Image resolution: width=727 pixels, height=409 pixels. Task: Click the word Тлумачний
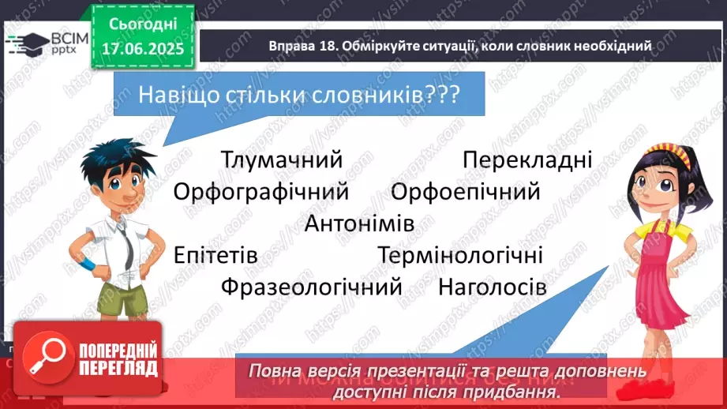pyautogui.click(x=281, y=160)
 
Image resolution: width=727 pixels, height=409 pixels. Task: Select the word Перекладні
pyautogui.click(x=527, y=160)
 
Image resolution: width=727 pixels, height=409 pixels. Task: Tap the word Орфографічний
pyautogui.click(x=260, y=192)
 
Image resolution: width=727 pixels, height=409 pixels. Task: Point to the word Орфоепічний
pyautogui.click(x=465, y=192)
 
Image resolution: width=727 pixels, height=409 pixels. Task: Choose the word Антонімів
pyautogui.click(x=359, y=223)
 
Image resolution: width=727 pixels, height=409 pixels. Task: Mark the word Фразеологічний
pyautogui.click(x=312, y=287)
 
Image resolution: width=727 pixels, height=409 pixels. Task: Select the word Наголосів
pyautogui.click(x=492, y=287)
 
